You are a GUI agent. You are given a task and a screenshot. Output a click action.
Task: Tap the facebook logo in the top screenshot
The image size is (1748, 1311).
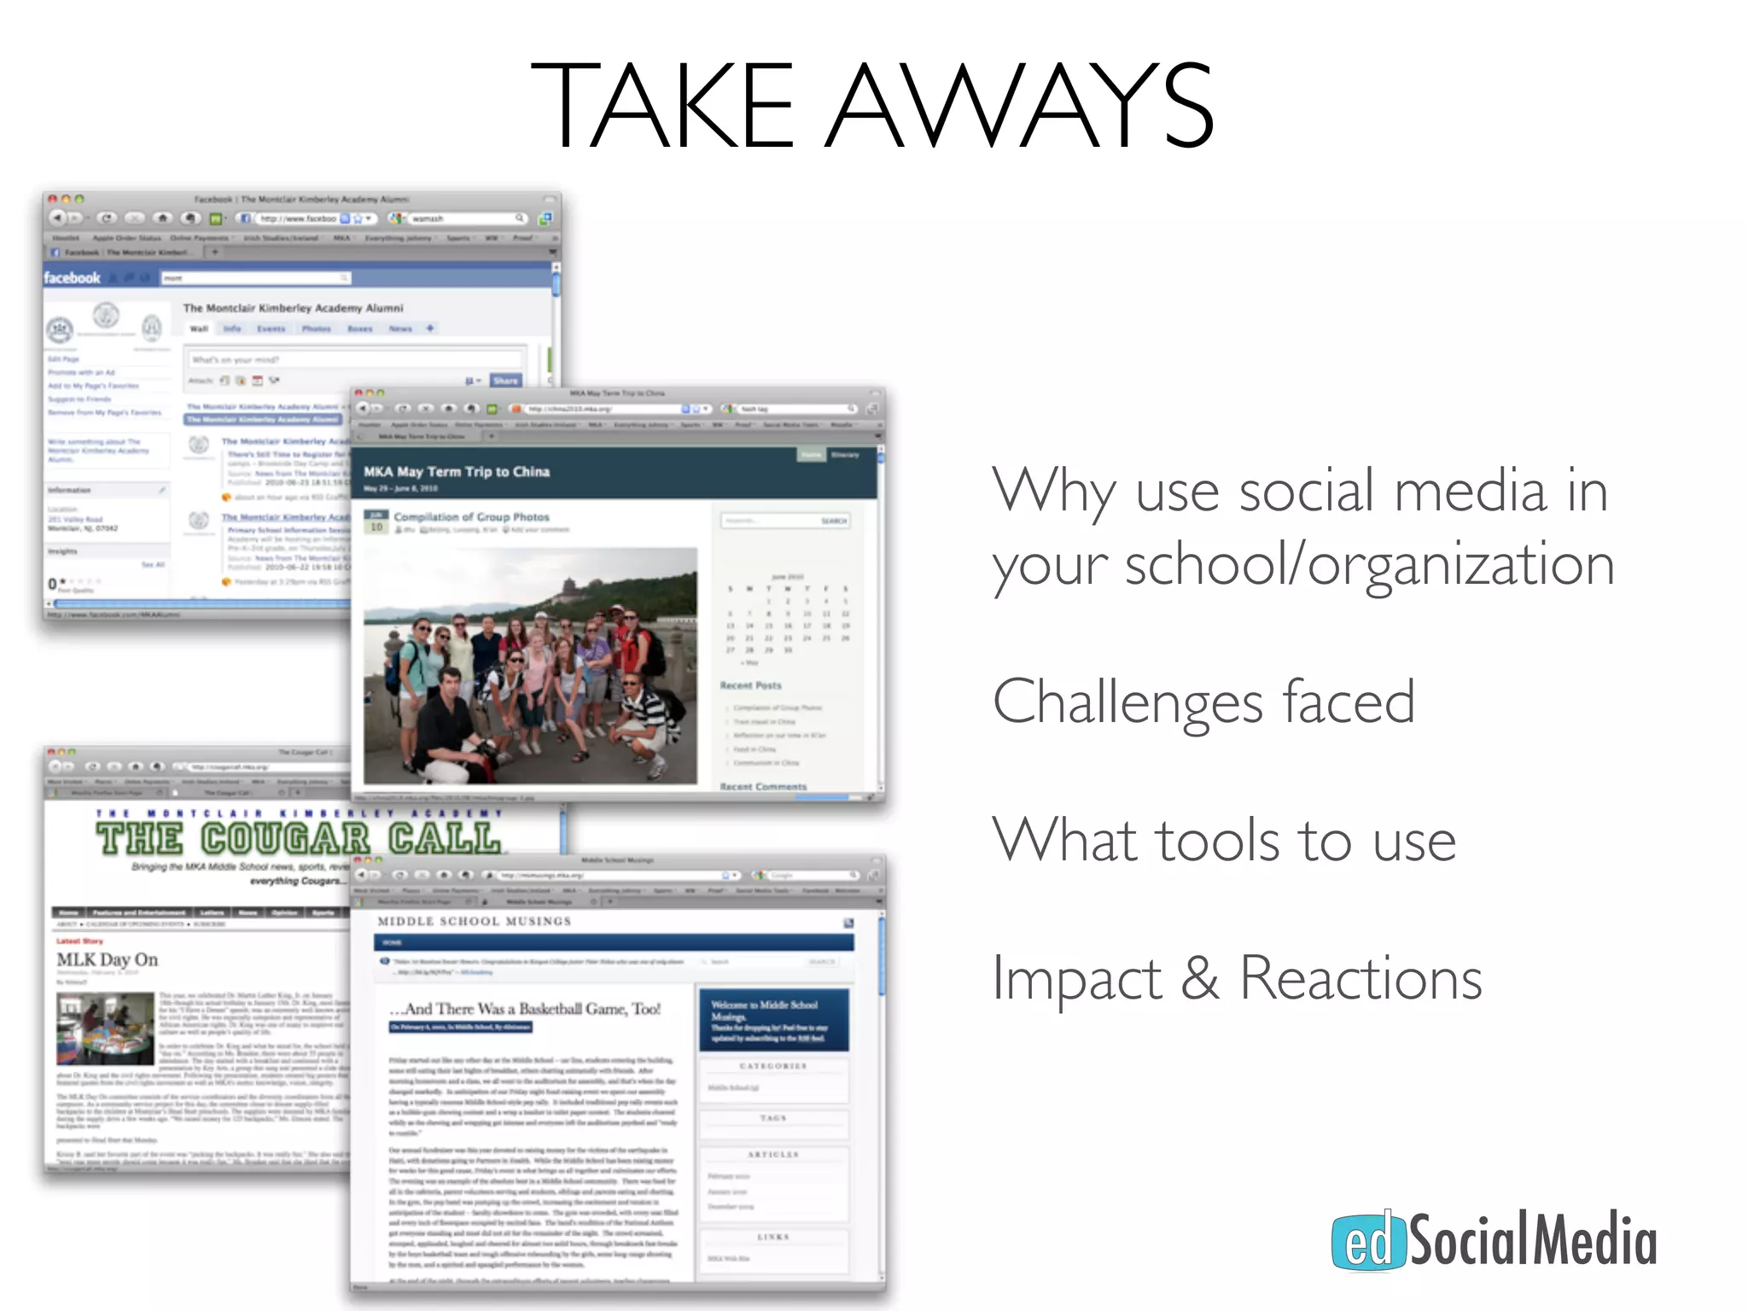point(73,278)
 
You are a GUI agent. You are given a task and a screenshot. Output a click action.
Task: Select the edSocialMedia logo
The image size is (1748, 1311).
point(1494,1240)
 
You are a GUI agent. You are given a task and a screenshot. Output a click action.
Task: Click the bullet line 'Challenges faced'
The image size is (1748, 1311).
point(1203,702)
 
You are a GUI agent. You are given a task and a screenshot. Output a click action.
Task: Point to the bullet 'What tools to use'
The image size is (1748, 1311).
point(1224,841)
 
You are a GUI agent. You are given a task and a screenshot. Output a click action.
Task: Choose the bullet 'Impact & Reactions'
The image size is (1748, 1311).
point(1237,978)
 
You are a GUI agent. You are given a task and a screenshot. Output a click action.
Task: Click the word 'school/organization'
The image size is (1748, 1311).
point(1369,566)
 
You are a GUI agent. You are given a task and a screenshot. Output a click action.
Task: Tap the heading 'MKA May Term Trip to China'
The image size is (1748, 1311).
point(457,471)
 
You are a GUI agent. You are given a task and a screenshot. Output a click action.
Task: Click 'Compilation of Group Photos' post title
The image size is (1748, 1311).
point(471,516)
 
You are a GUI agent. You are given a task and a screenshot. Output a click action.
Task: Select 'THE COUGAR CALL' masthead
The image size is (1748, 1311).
point(299,838)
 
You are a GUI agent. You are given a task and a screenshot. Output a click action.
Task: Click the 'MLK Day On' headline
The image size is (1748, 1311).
point(108,959)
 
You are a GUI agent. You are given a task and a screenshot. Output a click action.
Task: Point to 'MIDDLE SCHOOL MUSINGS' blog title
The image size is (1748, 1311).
point(475,922)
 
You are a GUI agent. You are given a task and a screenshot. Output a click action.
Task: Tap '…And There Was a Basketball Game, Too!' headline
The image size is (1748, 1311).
point(525,1009)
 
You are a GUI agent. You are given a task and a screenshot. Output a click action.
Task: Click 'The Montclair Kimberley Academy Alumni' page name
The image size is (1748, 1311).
point(293,308)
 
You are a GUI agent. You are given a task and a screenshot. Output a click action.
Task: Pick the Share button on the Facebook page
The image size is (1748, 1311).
point(505,381)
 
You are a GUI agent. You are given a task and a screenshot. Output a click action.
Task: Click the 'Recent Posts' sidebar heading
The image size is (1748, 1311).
point(750,685)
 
